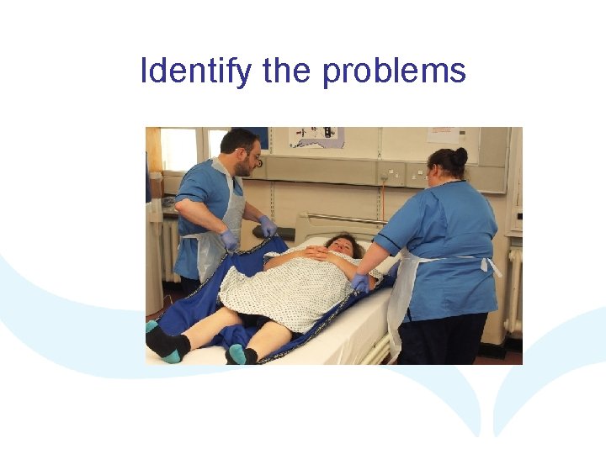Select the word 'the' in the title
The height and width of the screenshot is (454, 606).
tap(286, 71)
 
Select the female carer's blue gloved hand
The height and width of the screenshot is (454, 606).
tap(360, 283)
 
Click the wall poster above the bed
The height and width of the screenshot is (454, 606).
tap(316, 137)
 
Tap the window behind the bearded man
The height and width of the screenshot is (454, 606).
tap(179, 149)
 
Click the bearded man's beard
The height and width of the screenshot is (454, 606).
tap(242, 168)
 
